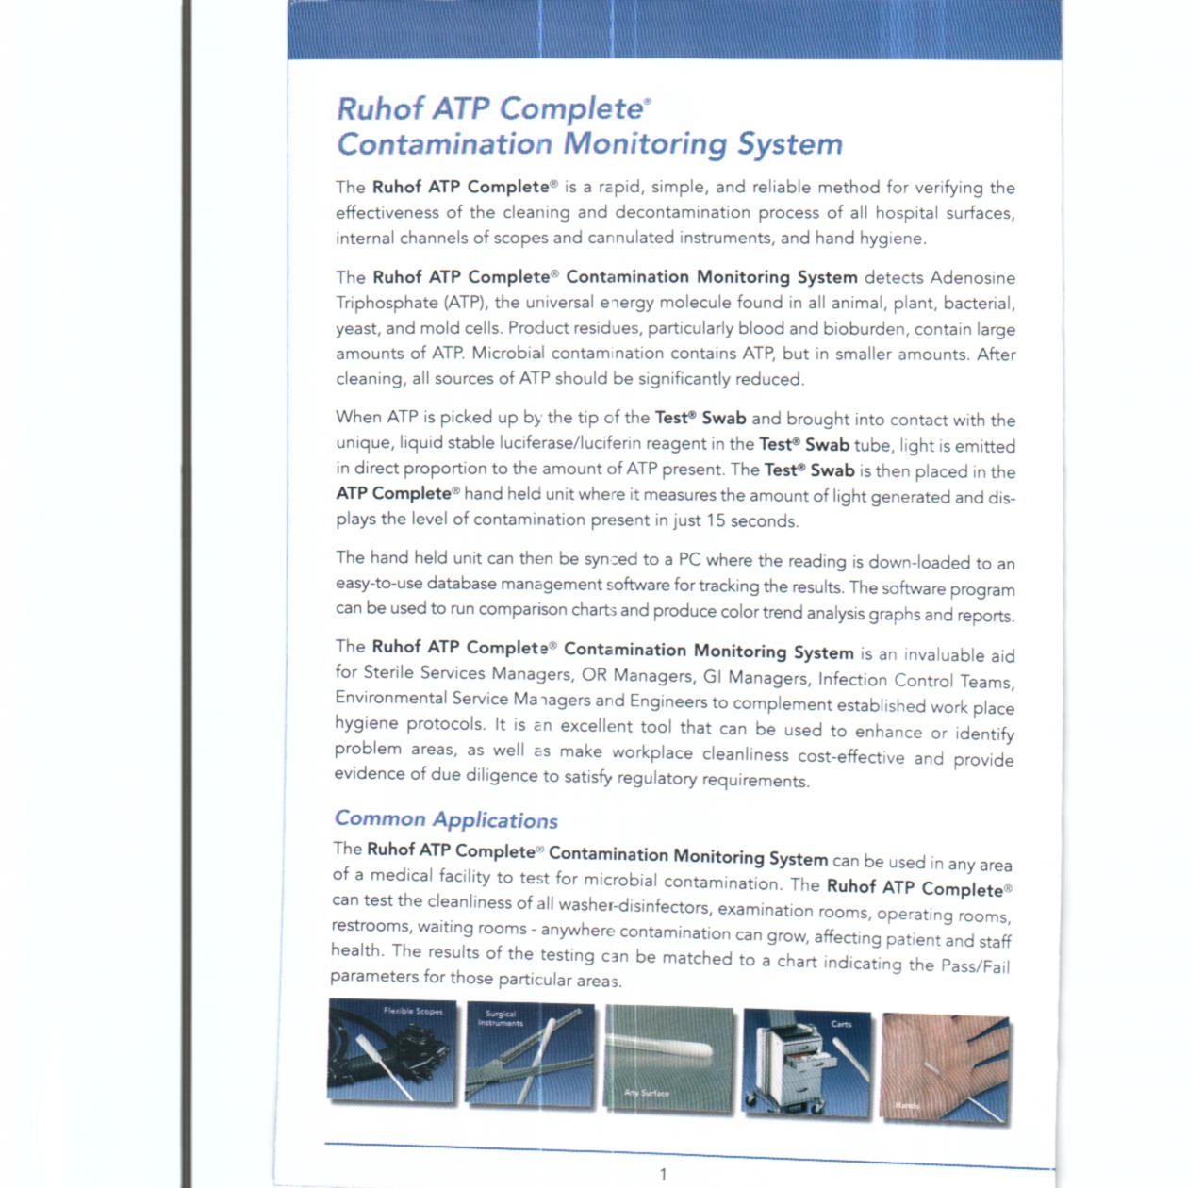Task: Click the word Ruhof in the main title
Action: pos(380,108)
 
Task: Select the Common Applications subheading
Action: pos(446,819)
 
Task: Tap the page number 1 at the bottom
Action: pos(663,1174)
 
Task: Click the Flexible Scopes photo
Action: pos(392,1050)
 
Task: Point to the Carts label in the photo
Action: pos(841,1024)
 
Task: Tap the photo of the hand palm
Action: pos(946,1068)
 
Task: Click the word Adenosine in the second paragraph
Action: pos(972,278)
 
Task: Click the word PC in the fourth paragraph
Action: pos(689,559)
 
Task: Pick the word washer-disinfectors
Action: pos(634,906)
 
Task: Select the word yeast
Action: pos(355,328)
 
